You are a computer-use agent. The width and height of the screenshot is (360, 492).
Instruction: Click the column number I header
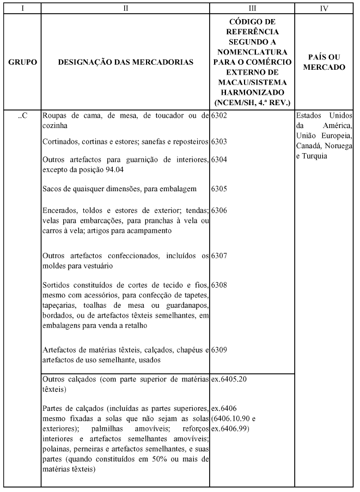click(22, 8)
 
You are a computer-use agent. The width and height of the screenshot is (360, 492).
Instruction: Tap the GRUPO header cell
click(22, 63)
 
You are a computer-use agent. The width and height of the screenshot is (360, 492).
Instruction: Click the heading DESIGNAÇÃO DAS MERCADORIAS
click(125, 63)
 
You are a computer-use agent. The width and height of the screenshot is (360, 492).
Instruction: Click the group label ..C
click(22, 116)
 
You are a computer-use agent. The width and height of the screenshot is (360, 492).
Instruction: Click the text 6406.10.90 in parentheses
click(233, 418)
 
